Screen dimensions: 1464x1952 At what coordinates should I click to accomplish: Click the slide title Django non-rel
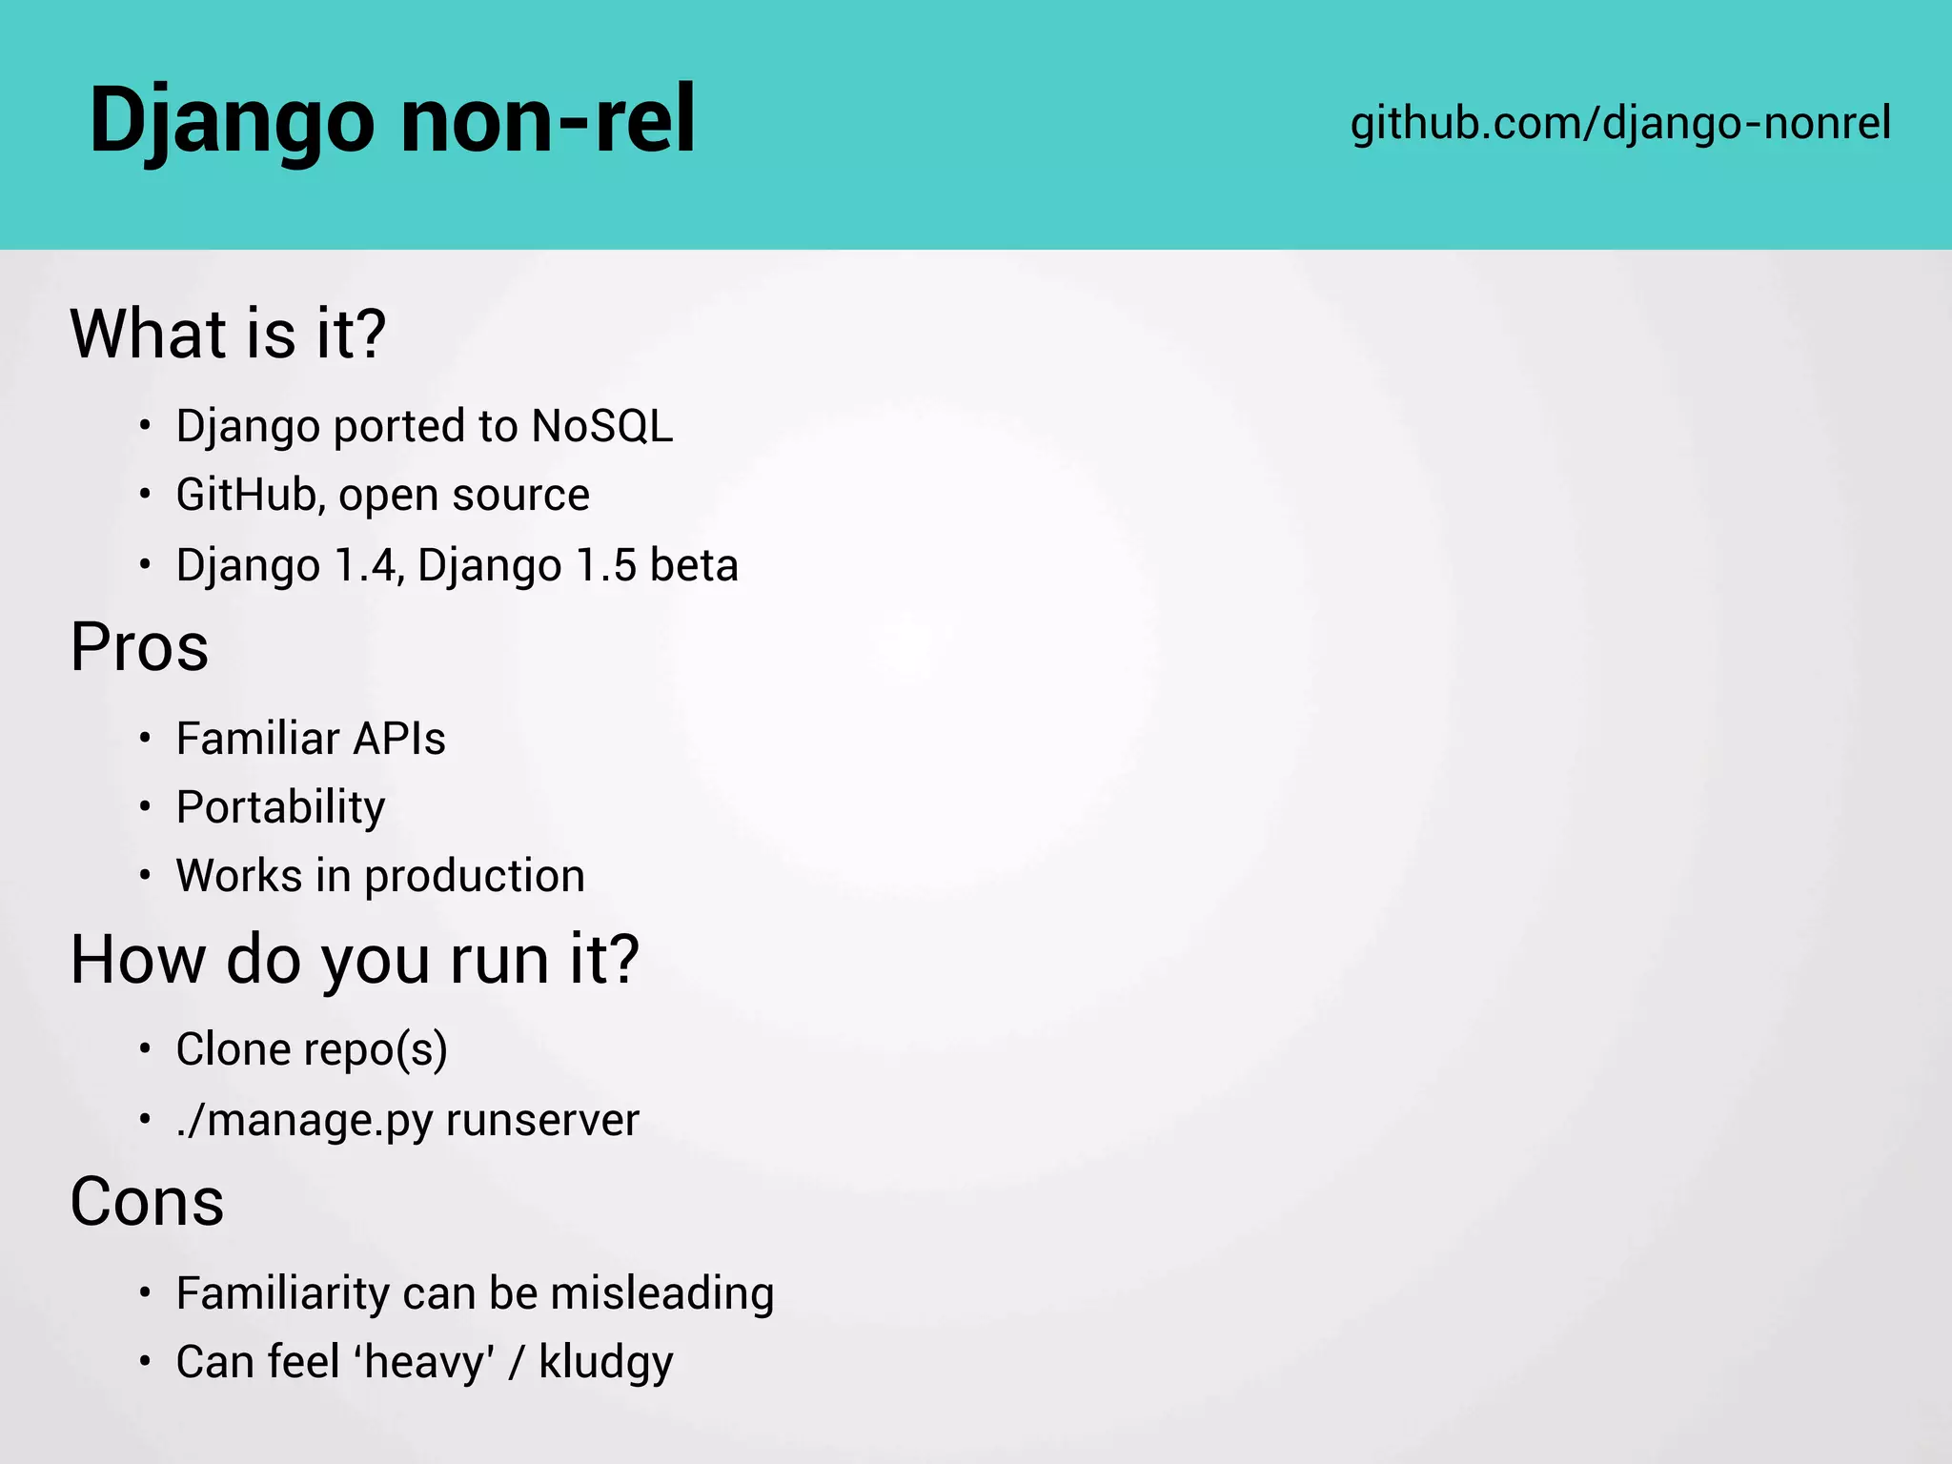click(x=392, y=121)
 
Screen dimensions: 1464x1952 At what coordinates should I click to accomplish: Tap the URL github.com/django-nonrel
click(x=1620, y=123)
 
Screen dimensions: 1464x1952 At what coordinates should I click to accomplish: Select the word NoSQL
click(x=601, y=426)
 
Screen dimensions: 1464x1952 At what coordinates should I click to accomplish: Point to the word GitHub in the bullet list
click(x=246, y=495)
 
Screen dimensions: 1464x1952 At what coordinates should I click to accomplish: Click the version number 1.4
click(x=365, y=565)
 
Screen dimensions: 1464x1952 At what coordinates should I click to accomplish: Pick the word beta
click(x=694, y=565)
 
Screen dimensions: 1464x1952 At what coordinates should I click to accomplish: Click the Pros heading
click(x=139, y=647)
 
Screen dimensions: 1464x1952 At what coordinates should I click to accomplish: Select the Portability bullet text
click(x=281, y=807)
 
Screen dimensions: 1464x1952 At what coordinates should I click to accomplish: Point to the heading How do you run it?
click(x=355, y=959)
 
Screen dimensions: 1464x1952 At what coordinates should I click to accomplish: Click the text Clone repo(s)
click(x=312, y=1049)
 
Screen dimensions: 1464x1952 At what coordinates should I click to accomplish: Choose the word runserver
click(x=542, y=1120)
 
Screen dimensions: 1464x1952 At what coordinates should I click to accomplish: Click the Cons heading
click(x=147, y=1202)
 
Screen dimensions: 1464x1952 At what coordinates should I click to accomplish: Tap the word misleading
click(x=662, y=1293)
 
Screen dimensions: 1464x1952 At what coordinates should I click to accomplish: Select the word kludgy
click(x=606, y=1362)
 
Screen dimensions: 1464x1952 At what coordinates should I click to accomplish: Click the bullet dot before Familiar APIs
click(x=145, y=739)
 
